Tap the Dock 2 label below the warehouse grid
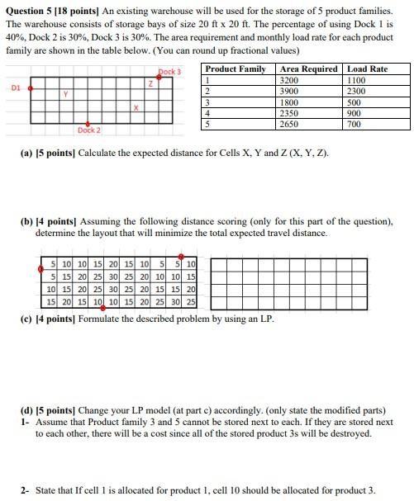coord(88,130)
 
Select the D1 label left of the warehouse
coord(17,84)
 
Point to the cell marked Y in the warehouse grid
coord(65,96)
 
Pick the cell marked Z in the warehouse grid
coord(150,83)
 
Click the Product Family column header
coord(236,69)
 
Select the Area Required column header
coord(308,69)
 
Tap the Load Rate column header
coord(367,69)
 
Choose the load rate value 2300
coord(356,91)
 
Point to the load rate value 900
coord(354,113)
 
